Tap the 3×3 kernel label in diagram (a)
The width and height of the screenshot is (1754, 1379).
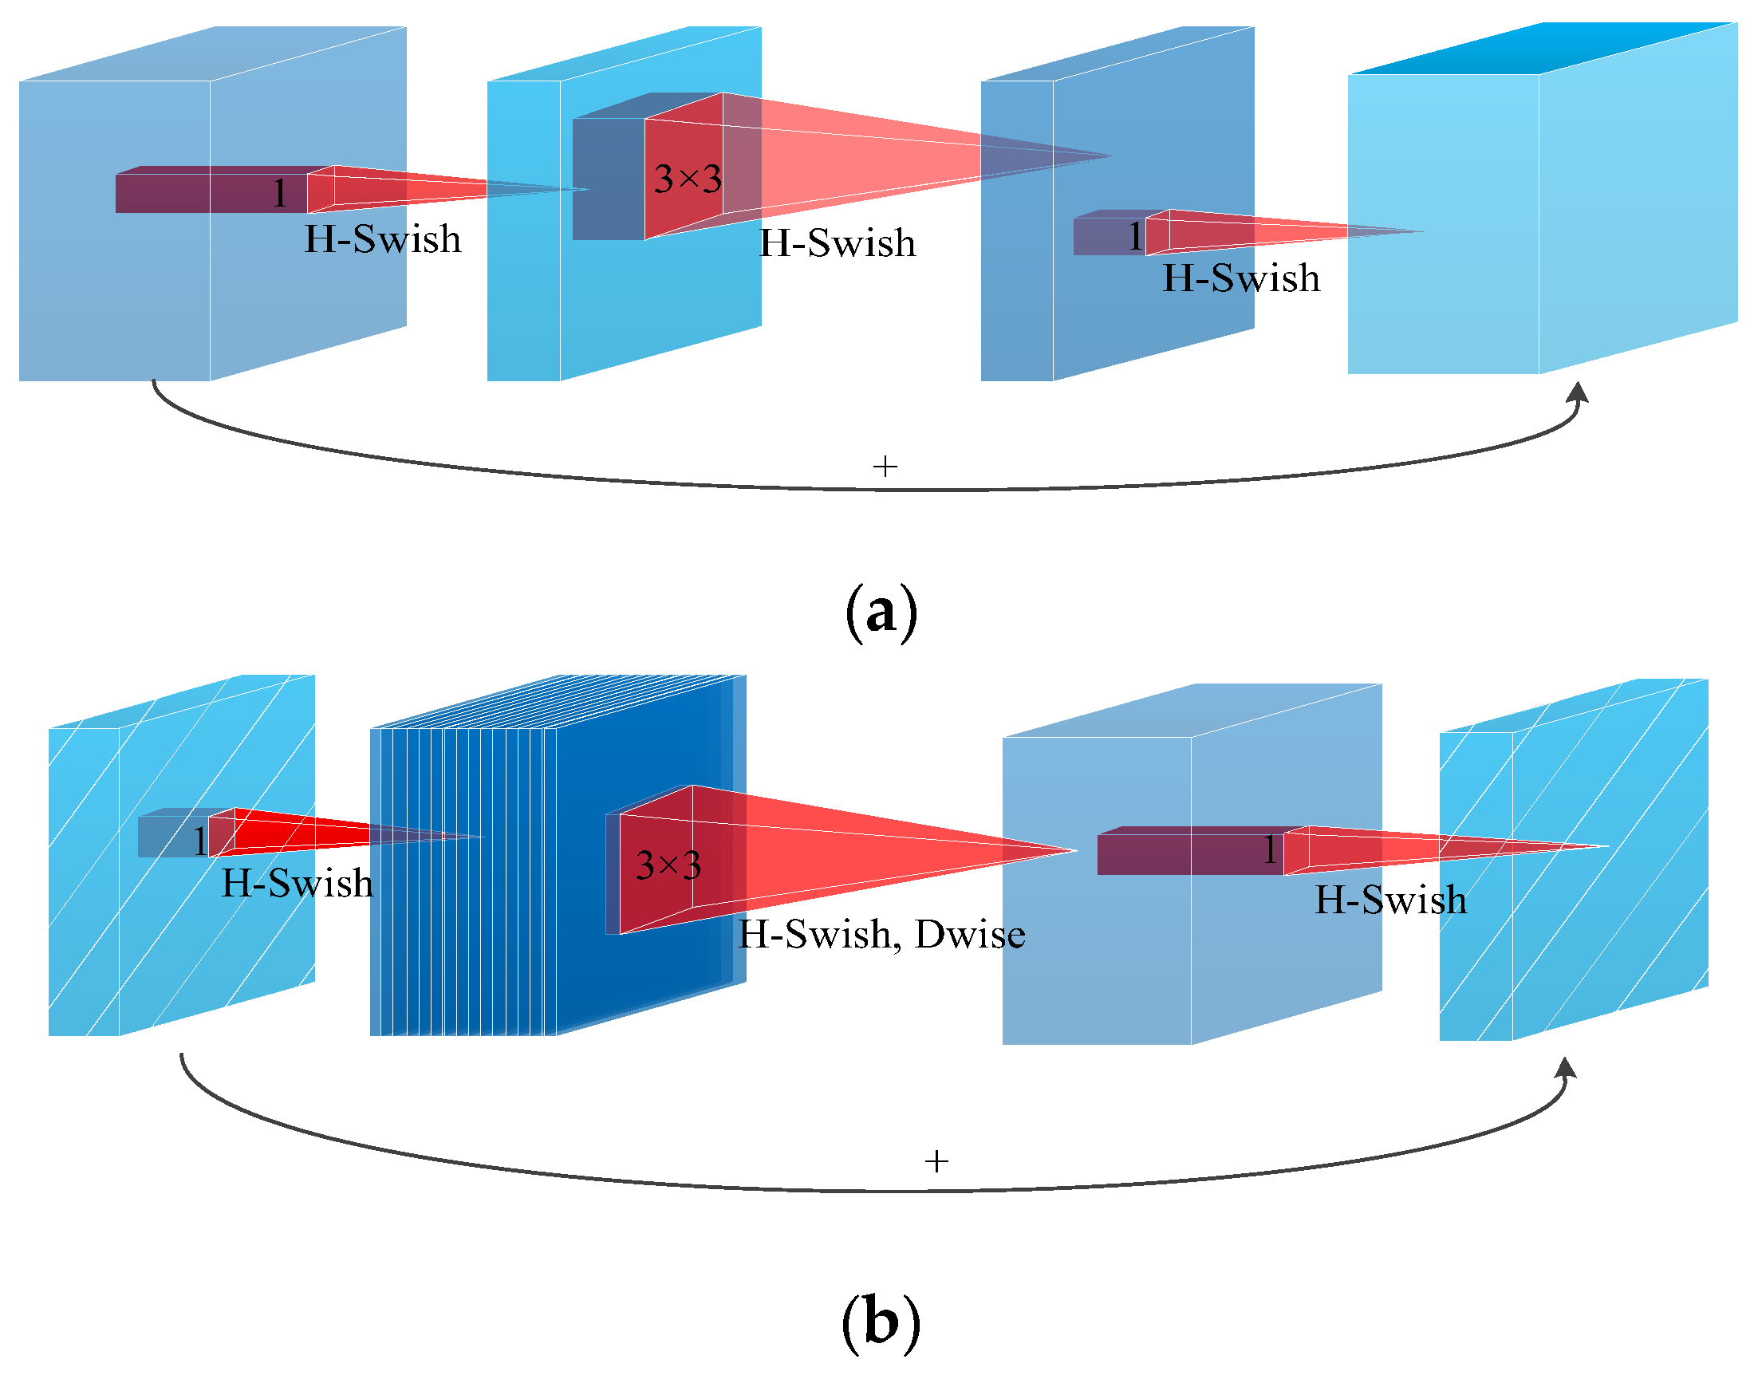point(688,179)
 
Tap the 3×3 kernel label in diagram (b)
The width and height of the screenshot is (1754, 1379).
point(668,865)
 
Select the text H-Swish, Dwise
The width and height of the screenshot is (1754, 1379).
point(882,934)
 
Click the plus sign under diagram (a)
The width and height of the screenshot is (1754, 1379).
point(885,466)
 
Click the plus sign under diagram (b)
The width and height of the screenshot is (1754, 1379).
point(936,1161)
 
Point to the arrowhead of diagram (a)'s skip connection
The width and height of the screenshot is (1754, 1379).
point(1578,393)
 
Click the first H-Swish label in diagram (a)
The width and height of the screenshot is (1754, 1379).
point(383,239)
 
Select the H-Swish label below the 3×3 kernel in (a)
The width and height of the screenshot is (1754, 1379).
point(838,243)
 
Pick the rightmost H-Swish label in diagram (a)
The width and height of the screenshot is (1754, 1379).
point(1241,278)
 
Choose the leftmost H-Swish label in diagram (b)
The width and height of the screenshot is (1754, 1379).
point(298,882)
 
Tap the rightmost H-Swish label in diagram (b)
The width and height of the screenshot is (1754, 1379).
point(1390,900)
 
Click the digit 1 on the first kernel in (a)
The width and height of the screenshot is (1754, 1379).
point(279,193)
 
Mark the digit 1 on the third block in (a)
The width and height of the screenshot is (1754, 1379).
point(1134,236)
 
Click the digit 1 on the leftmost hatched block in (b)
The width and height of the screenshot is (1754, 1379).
point(199,841)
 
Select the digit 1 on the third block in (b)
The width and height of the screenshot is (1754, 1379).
point(1271,849)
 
